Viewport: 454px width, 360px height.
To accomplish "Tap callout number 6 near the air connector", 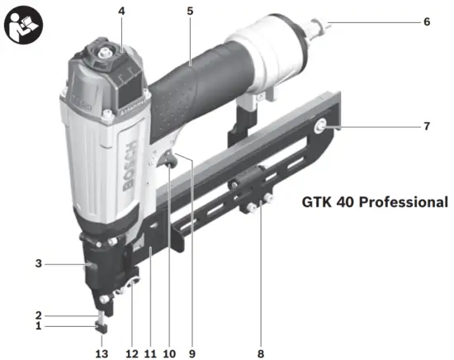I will [x=427, y=21].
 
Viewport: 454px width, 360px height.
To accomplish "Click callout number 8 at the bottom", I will [x=261, y=353].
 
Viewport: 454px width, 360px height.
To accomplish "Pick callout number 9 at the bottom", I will [x=192, y=353].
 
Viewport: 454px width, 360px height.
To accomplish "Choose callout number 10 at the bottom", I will [x=169, y=353].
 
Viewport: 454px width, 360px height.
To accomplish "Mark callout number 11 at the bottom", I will [x=149, y=353].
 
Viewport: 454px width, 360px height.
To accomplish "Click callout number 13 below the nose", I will [x=102, y=353].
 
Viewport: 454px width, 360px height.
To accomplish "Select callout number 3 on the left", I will [x=38, y=264].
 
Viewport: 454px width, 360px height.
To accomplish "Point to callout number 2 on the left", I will [x=38, y=315].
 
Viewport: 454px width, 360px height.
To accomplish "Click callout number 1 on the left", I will [x=38, y=326].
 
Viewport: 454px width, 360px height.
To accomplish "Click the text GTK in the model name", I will [x=317, y=201].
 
